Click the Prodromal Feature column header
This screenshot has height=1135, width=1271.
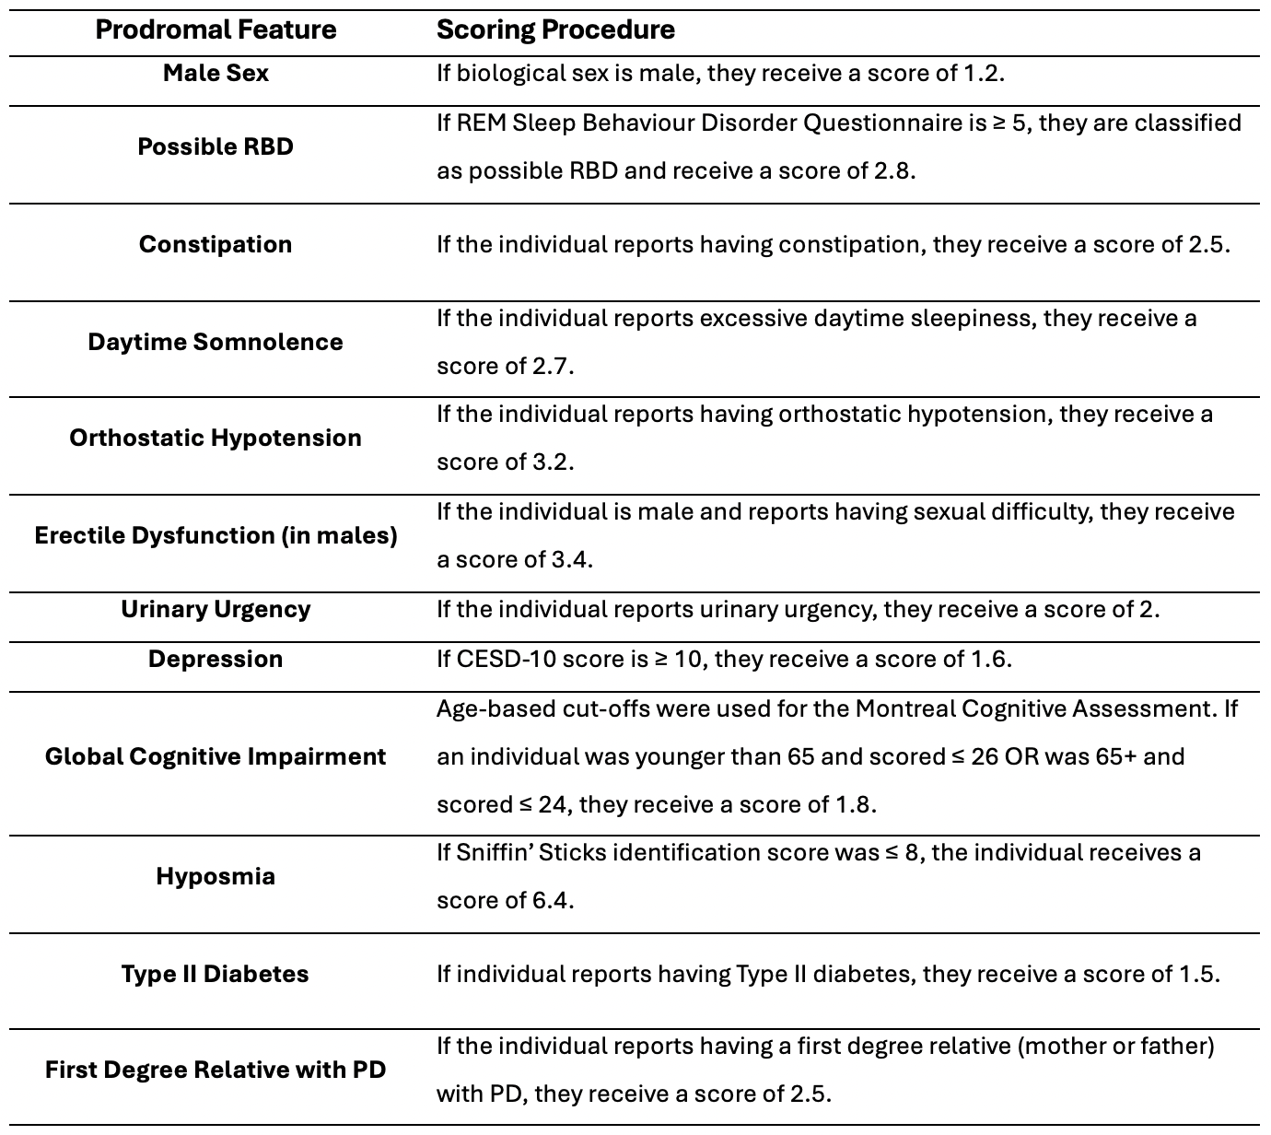(216, 29)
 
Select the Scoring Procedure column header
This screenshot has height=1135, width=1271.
(555, 29)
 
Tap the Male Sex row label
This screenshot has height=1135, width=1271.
(216, 73)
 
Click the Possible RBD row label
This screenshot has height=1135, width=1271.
(216, 146)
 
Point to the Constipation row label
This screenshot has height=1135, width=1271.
(216, 244)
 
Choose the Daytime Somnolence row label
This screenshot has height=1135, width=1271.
(216, 342)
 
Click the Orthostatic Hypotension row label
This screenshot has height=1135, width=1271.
(216, 438)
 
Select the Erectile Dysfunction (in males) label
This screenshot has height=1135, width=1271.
(216, 535)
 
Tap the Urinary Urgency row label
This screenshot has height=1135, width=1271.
(216, 609)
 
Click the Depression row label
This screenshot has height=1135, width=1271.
(216, 659)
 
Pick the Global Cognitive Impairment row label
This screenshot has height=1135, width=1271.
(216, 756)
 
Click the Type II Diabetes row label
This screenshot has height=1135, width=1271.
(216, 974)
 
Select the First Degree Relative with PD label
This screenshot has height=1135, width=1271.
(216, 1070)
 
